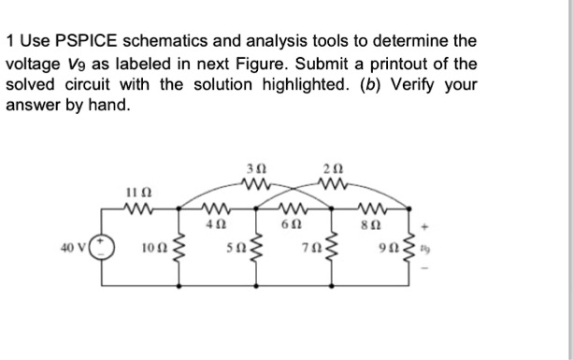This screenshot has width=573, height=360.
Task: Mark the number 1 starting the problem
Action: (10, 42)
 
